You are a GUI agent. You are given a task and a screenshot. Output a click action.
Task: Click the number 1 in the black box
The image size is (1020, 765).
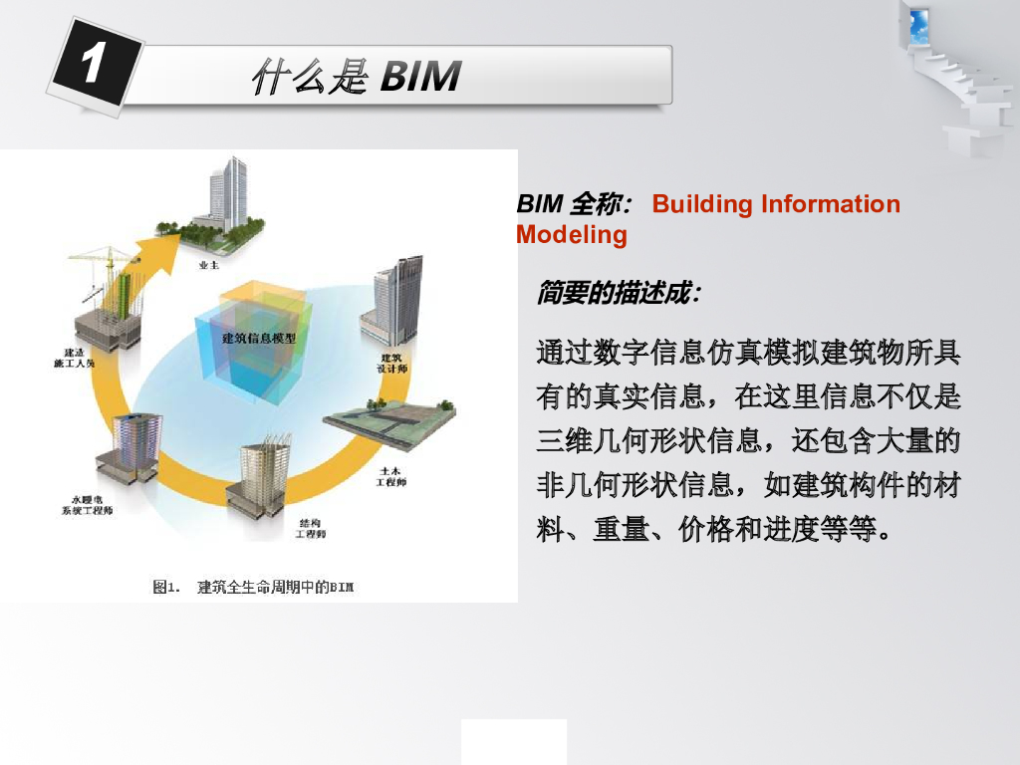pos(91,66)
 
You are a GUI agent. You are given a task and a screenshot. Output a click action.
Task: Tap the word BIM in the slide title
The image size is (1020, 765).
pos(421,76)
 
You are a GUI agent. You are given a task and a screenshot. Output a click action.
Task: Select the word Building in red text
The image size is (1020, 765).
pos(702,204)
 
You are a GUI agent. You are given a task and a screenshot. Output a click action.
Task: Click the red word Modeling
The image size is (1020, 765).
pos(572,234)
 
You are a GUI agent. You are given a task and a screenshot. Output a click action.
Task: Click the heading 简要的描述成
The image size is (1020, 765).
pos(618,293)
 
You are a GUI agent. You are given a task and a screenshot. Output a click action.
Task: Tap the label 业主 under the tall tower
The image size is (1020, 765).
pos(208,266)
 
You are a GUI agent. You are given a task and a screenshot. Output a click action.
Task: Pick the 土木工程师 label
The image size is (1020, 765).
pos(389,476)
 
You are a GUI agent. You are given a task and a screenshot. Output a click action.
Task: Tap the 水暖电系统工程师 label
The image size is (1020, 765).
pos(87,505)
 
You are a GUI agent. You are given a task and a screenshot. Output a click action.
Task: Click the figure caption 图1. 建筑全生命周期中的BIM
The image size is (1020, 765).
pos(253,587)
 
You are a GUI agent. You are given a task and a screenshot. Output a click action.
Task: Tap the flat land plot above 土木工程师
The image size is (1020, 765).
pos(388,423)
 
